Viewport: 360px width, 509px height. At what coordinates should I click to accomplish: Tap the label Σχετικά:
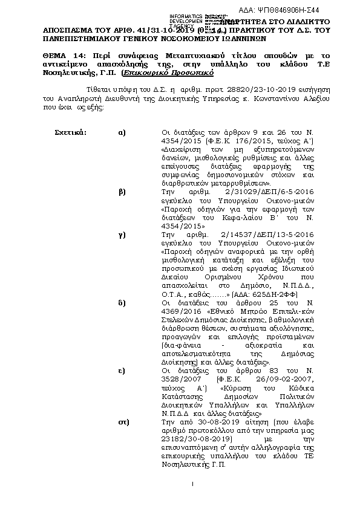pyautogui.click(x=70, y=131)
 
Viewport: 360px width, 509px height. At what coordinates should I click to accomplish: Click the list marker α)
pyautogui.click(x=122, y=131)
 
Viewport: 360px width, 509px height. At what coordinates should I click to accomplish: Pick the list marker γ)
pyautogui.click(x=122, y=232)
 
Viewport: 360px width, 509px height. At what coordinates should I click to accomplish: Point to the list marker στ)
pyautogui.click(x=122, y=418)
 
